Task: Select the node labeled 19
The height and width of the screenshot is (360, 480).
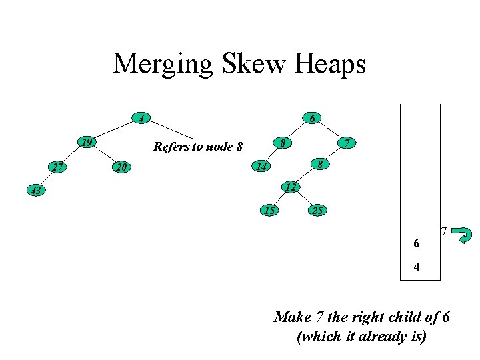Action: point(85,143)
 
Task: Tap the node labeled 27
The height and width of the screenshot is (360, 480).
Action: point(58,167)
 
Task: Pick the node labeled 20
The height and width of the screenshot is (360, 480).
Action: point(120,167)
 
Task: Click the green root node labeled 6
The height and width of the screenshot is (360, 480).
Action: point(311,119)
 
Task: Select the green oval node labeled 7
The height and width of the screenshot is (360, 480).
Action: point(346,143)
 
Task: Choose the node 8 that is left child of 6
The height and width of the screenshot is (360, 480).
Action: point(283,143)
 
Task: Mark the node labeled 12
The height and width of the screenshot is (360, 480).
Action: point(289,187)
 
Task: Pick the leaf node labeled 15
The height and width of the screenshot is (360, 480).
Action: point(269,211)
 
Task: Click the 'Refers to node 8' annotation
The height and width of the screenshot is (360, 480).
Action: point(198,147)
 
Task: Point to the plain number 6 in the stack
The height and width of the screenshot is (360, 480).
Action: point(417,244)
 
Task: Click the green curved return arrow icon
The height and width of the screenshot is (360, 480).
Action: point(462,235)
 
